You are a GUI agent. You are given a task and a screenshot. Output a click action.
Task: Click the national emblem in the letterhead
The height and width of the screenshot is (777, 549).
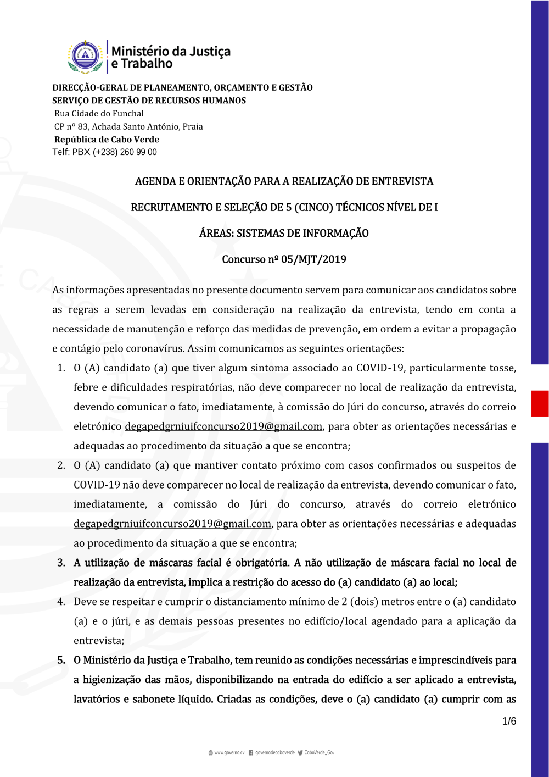(85, 57)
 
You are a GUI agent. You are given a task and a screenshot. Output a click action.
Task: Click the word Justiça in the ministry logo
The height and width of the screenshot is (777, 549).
(210, 52)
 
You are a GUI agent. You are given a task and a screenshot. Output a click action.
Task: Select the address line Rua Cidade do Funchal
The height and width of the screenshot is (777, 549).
(99, 114)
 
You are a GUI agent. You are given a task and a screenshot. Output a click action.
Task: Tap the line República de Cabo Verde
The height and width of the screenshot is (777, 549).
(107, 140)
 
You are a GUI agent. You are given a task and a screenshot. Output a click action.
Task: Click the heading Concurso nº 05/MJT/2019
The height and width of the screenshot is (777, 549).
(284, 259)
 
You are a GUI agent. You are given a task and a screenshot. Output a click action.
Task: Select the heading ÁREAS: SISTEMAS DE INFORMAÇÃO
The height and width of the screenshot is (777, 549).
(284, 234)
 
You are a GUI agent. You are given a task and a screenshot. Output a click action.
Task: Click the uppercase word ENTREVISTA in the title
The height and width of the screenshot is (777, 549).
(402, 181)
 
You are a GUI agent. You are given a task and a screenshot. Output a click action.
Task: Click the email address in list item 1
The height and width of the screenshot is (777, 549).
(223, 426)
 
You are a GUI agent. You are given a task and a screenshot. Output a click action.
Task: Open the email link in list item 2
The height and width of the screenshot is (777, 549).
(172, 524)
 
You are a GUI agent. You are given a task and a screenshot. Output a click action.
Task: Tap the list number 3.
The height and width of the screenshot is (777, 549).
(61, 563)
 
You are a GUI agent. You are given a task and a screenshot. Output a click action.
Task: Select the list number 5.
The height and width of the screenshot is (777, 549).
(61, 660)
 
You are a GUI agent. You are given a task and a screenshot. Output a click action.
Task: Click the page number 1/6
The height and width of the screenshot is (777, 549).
(509, 721)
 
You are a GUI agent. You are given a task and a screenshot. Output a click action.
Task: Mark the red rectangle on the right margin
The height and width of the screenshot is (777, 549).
(540, 403)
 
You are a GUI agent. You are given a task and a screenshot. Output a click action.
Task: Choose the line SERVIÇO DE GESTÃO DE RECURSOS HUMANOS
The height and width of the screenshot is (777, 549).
(149, 101)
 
